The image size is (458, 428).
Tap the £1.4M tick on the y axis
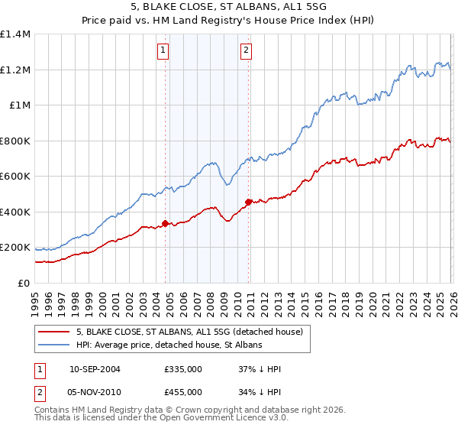pyautogui.click(x=15, y=34)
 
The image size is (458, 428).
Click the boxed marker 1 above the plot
pyautogui.click(x=163, y=51)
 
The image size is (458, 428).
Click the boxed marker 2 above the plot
pyautogui.click(x=247, y=51)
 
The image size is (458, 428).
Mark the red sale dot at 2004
pyautogui.click(x=165, y=224)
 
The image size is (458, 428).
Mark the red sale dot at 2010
pyautogui.click(x=248, y=202)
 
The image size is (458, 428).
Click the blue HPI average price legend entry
pyautogui.click(x=168, y=345)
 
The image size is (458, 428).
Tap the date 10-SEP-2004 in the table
pyautogui.click(x=95, y=369)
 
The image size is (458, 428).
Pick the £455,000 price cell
pyautogui.click(x=182, y=392)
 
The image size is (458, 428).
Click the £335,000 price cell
pyautogui.click(x=182, y=369)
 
